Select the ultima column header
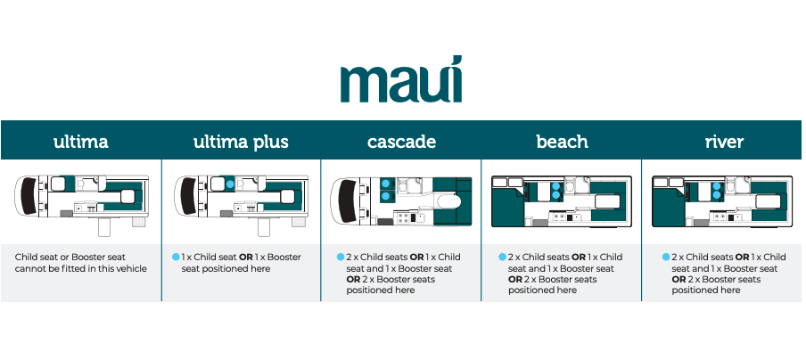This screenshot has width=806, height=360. [80, 142]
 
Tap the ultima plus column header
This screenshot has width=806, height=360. [241, 142]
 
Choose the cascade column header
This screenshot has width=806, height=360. [401, 142]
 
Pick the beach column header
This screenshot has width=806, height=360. [562, 142]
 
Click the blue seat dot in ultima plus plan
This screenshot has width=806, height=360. [229, 184]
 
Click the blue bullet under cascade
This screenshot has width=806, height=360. [341, 257]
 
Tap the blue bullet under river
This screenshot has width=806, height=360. [665, 257]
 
